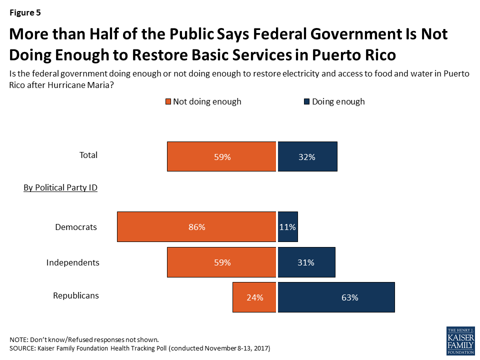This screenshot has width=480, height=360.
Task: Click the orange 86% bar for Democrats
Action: [196, 227]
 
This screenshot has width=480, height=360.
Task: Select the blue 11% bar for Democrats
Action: [288, 227]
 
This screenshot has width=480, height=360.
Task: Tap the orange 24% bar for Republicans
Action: [254, 297]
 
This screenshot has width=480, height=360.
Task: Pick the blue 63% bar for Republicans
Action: [336, 297]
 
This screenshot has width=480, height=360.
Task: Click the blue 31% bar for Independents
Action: [306, 262]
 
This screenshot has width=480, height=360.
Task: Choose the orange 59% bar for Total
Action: [221, 156]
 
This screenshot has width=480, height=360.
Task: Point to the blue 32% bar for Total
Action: [307, 156]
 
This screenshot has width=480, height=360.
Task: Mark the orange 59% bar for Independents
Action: [221, 262]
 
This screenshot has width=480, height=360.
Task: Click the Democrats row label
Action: [75, 227]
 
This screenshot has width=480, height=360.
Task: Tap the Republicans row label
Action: [76, 295]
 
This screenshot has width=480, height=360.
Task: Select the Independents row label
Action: [73, 262]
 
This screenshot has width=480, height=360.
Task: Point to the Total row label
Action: [88, 155]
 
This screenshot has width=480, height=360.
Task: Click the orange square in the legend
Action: [168, 102]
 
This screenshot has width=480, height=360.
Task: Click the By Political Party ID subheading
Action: [60, 188]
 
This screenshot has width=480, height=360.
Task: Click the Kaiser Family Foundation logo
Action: [460, 341]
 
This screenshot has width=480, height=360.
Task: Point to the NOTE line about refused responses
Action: [87, 339]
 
